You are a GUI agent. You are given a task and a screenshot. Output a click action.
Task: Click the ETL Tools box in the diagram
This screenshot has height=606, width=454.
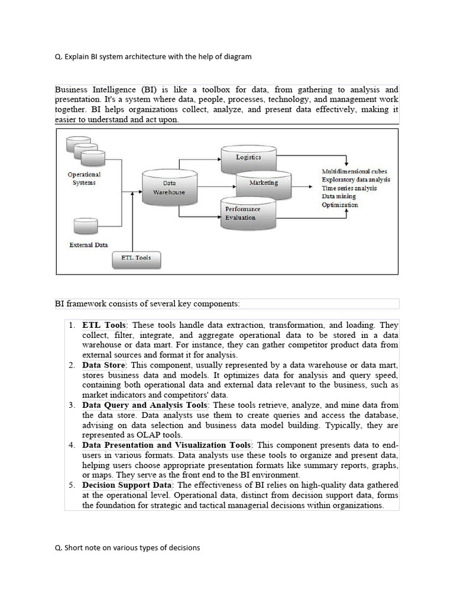[x=136, y=259]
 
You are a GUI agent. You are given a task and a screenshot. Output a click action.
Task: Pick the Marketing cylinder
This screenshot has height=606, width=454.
[x=264, y=183]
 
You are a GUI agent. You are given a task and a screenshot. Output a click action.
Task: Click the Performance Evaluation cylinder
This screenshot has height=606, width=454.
[x=248, y=214]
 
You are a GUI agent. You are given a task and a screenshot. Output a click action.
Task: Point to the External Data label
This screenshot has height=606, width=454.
[x=89, y=245]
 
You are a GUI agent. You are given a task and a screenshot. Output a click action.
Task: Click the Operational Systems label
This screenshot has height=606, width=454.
[x=84, y=179]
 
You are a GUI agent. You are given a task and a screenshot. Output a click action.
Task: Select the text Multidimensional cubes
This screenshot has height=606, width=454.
[x=355, y=172]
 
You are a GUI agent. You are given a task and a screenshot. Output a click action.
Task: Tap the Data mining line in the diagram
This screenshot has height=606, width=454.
[x=339, y=196]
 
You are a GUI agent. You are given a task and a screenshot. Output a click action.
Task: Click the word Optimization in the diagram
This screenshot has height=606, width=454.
[x=340, y=205]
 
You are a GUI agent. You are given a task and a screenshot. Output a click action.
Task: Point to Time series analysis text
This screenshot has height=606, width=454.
[x=349, y=188]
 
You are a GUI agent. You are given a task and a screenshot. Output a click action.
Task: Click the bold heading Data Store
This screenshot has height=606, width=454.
[x=103, y=365]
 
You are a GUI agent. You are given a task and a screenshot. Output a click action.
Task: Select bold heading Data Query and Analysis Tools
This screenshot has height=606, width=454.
[x=145, y=405]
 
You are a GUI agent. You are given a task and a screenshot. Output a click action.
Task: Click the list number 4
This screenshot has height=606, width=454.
[x=71, y=445]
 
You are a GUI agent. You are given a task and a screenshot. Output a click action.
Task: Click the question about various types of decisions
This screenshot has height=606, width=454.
[x=127, y=547]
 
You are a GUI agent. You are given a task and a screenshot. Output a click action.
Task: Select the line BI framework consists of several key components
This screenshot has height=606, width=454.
[x=148, y=304]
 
